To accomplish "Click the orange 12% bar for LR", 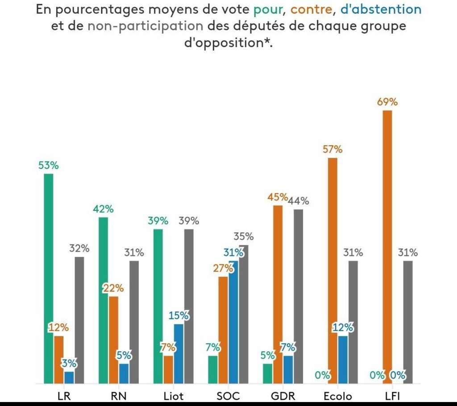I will pyautogui.click(x=58, y=360).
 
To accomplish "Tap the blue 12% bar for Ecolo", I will pyautogui.click(x=343, y=360).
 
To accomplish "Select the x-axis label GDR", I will pyautogui.click(x=283, y=396).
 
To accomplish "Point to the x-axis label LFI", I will pyautogui.click(x=392, y=396).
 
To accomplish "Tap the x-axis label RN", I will pyautogui.click(x=118, y=396).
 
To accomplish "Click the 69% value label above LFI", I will pyautogui.click(x=387, y=102).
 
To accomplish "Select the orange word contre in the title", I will pyautogui.click(x=309, y=9).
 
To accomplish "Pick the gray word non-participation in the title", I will pyautogui.click(x=145, y=25).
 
